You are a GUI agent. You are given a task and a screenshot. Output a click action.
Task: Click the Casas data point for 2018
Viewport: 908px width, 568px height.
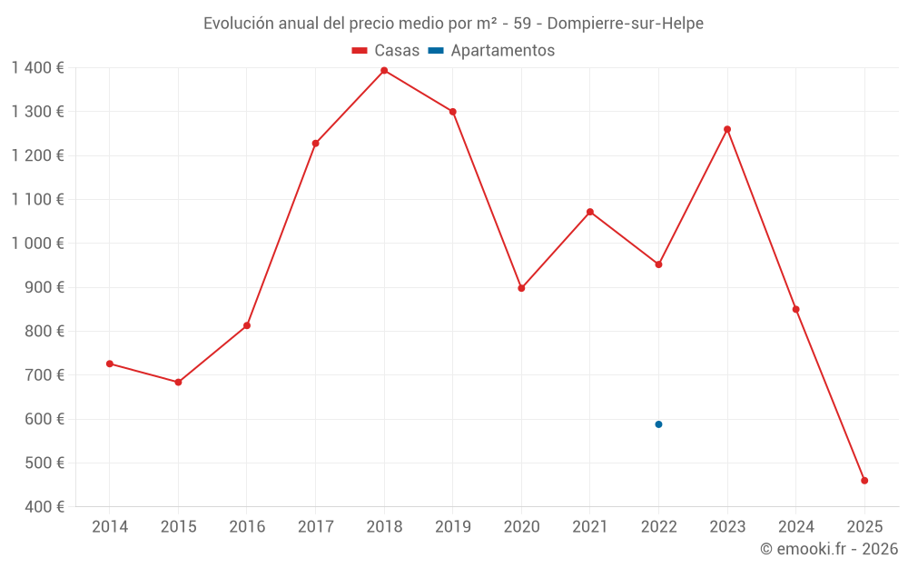(384, 71)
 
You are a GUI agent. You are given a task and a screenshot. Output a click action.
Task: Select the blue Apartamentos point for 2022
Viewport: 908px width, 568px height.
(658, 424)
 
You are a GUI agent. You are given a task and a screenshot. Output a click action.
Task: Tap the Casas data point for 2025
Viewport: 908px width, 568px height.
(864, 481)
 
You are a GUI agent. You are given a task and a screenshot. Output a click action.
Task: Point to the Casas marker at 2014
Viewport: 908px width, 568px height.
(110, 364)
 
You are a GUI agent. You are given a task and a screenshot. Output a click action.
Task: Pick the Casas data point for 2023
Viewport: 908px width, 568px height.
(727, 129)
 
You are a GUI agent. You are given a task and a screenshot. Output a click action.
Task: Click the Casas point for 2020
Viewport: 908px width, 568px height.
(521, 288)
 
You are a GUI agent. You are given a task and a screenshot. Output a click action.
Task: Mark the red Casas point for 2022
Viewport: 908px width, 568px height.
(658, 264)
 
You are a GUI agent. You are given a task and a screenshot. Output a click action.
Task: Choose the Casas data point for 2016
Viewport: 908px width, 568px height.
(247, 325)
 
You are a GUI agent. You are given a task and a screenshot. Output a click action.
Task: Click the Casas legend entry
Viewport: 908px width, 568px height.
(386, 51)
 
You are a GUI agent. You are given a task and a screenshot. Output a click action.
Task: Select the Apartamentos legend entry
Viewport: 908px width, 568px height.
(491, 51)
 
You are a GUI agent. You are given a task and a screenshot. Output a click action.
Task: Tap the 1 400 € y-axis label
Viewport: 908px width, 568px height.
(37, 67)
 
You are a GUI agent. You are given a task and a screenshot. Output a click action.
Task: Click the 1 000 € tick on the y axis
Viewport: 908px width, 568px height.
(37, 244)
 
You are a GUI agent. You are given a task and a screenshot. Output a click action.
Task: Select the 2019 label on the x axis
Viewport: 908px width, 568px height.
(453, 527)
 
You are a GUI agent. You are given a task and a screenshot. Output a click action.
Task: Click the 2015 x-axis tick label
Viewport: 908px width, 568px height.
(178, 527)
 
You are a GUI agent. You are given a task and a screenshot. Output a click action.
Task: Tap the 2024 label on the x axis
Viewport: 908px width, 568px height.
(795, 527)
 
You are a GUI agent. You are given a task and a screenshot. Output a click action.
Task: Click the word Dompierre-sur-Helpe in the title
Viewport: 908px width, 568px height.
(626, 24)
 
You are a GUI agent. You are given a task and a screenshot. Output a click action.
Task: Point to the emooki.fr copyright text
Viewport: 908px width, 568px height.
(829, 549)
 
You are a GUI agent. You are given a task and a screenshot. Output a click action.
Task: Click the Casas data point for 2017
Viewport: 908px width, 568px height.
(315, 144)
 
